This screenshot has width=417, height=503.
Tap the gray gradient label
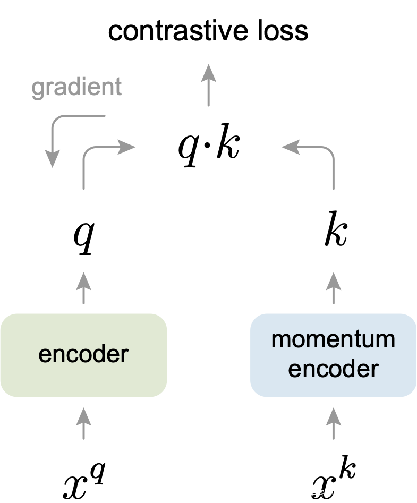[x=76, y=87]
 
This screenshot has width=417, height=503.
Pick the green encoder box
[x=83, y=354]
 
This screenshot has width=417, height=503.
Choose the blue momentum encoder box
[x=333, y=354]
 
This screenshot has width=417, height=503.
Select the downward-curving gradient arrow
[x=58, y=133]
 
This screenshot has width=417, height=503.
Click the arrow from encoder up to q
[x=83, y=288]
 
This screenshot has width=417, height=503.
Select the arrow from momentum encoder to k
[x=334, y=288]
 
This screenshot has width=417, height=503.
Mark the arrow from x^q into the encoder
[x=83, y=423]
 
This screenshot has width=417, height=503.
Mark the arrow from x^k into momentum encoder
[x=334, y=423]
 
